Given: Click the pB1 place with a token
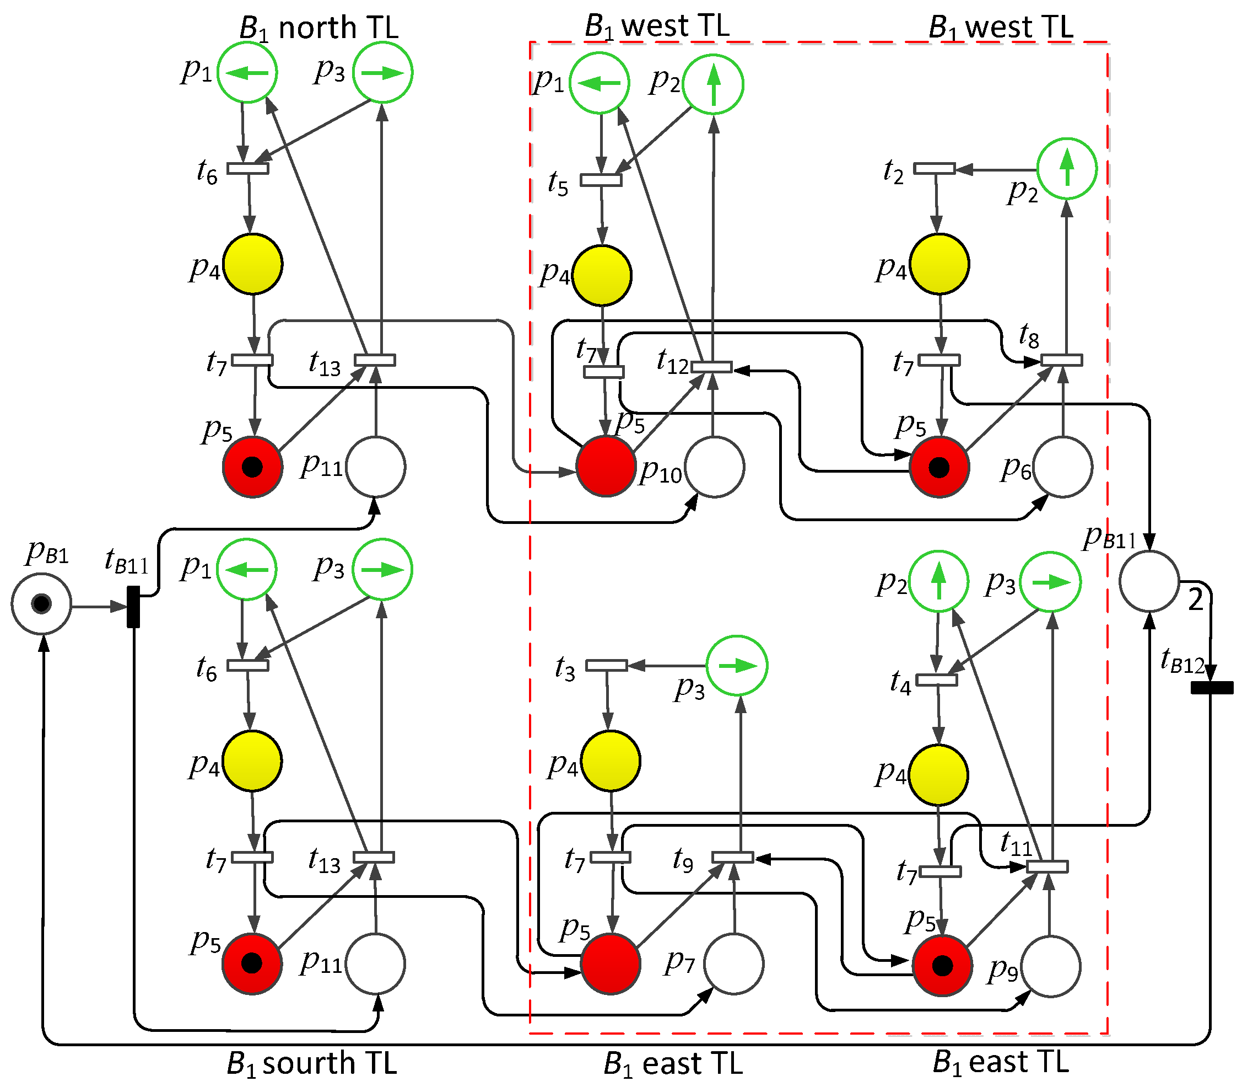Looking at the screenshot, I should click(41, 604).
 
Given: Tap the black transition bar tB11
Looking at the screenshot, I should click(133, 606).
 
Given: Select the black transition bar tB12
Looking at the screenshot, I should click(1212, 688).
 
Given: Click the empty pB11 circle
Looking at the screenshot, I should click(1149, 581).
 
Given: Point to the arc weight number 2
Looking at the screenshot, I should click(1195, 601).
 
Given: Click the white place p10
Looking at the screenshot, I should click(715, 467).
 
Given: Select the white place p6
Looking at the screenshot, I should click(1063, 467).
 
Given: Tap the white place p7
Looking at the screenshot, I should click(734, 963).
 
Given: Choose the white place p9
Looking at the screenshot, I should click(1051, 966).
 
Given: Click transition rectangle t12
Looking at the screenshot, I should click(711, 367).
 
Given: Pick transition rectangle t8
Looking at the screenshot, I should click(1061, 361).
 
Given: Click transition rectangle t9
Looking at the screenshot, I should click(733, 857).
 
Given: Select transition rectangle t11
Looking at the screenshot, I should click(1047, 866).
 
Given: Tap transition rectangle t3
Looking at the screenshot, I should click(607, 666).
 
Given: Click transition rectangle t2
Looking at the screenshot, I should click(935, 168).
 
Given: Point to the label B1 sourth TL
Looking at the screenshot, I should click(311, 1063).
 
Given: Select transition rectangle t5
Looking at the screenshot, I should click(601, 180).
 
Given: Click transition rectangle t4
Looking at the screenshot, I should click(936, 680).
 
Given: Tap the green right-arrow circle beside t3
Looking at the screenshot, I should click(737, 666).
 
